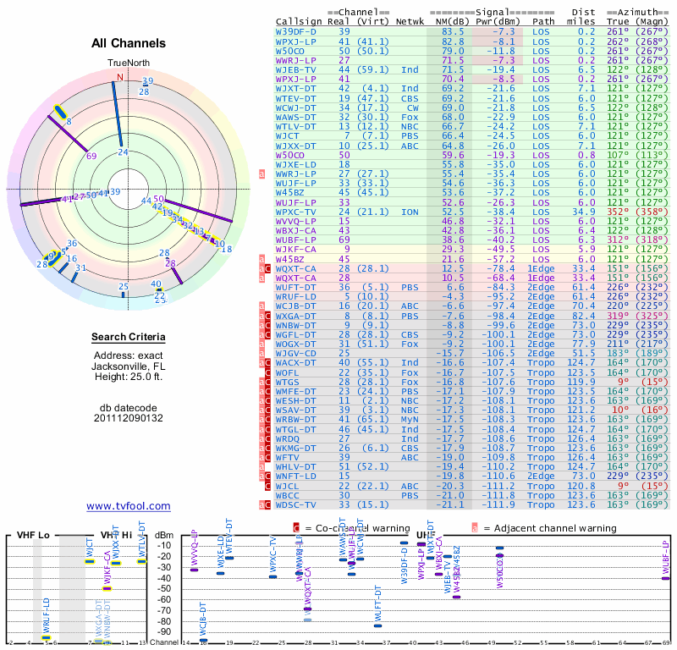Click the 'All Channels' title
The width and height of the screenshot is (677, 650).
(129, 43)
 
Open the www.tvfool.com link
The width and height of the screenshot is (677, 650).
(129, 506)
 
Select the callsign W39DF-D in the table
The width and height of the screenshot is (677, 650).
(296, 31)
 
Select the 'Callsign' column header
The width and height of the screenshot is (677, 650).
(298, 21)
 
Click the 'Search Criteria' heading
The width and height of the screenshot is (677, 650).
(129, 338)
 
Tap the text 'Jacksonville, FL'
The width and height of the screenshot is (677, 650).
(129, 366)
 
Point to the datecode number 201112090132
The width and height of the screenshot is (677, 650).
(129, 418)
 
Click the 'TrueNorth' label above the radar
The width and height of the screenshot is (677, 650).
(127, 63)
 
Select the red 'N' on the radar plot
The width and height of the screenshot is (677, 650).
(119, 77)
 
